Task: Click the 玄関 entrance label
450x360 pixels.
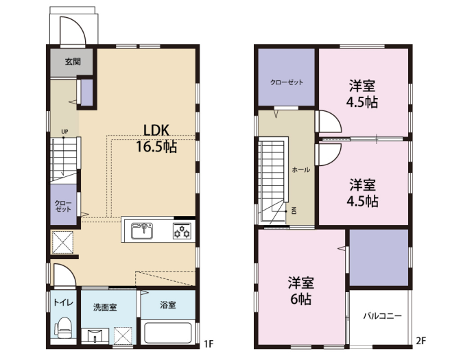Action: tap(73, 62)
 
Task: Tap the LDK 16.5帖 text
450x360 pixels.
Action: tap(156, 139)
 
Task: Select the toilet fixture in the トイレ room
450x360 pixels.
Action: tap(63, 328)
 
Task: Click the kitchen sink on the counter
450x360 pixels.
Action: tap(142, 231)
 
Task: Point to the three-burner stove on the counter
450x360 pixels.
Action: tap(182, 231)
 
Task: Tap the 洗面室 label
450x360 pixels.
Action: tap(105, 307)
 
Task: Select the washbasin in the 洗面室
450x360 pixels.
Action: tap(95, 335)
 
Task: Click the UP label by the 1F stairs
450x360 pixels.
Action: tap(64, 132)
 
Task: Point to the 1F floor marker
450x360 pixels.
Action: tap(209, 344)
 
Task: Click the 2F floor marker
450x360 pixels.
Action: tap(421, 341)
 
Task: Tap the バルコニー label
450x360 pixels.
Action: tap(382, 316)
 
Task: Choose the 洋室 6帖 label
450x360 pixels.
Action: tap(301, 291)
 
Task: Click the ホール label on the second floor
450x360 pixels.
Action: tap(300, 170)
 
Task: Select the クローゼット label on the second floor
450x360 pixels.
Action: tap(287, 82)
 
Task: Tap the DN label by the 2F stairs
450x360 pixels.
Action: tap(294, 211)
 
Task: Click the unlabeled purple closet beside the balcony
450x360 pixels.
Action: tap(379, 258)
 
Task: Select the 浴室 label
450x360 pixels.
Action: tap(168, 304)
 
